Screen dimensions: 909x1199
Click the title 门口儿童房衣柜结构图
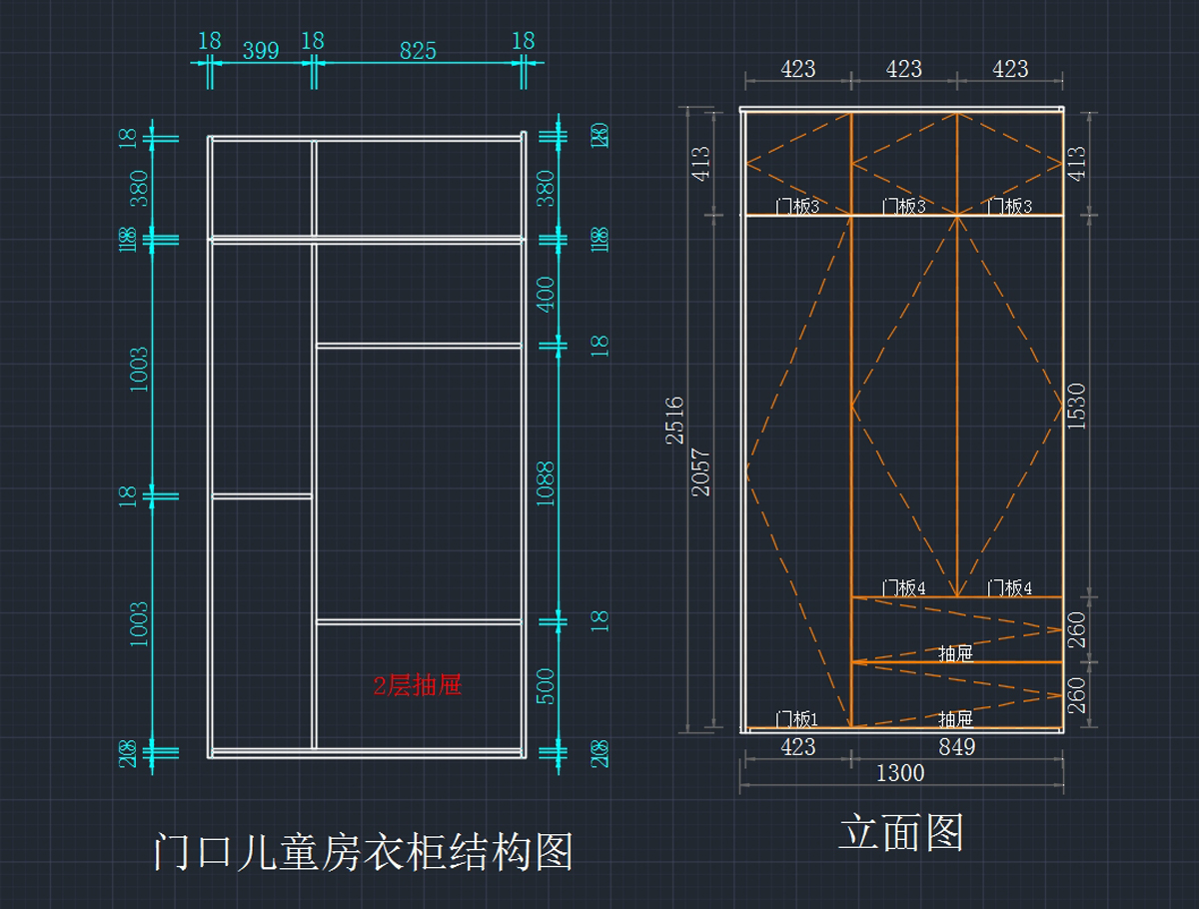point(364,852)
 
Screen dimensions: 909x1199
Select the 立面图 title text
point(900,832)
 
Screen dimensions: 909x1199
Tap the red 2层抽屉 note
point(417,685)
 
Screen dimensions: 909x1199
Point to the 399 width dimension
point(261,50)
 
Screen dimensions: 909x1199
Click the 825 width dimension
point(418,50)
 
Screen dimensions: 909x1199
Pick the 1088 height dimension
point(546,484)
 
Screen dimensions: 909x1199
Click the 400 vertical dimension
point(546,295)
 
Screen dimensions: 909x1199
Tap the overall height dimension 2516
point(674,420)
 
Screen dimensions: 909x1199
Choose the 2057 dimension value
point(701,471)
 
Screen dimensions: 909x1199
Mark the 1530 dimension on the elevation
point(1076,407)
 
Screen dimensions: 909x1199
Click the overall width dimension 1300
point(900,772)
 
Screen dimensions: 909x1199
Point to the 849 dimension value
point(956,746)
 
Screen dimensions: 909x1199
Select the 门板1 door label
point(796,719)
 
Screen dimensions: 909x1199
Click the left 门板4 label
point(902,588)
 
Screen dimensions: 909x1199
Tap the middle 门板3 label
point(903,207)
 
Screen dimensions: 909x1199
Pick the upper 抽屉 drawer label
point(955,653)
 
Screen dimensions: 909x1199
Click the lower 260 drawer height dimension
point(1077,695)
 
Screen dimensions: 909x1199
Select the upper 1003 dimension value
point(138,368)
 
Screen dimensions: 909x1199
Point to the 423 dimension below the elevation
point(796,746)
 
